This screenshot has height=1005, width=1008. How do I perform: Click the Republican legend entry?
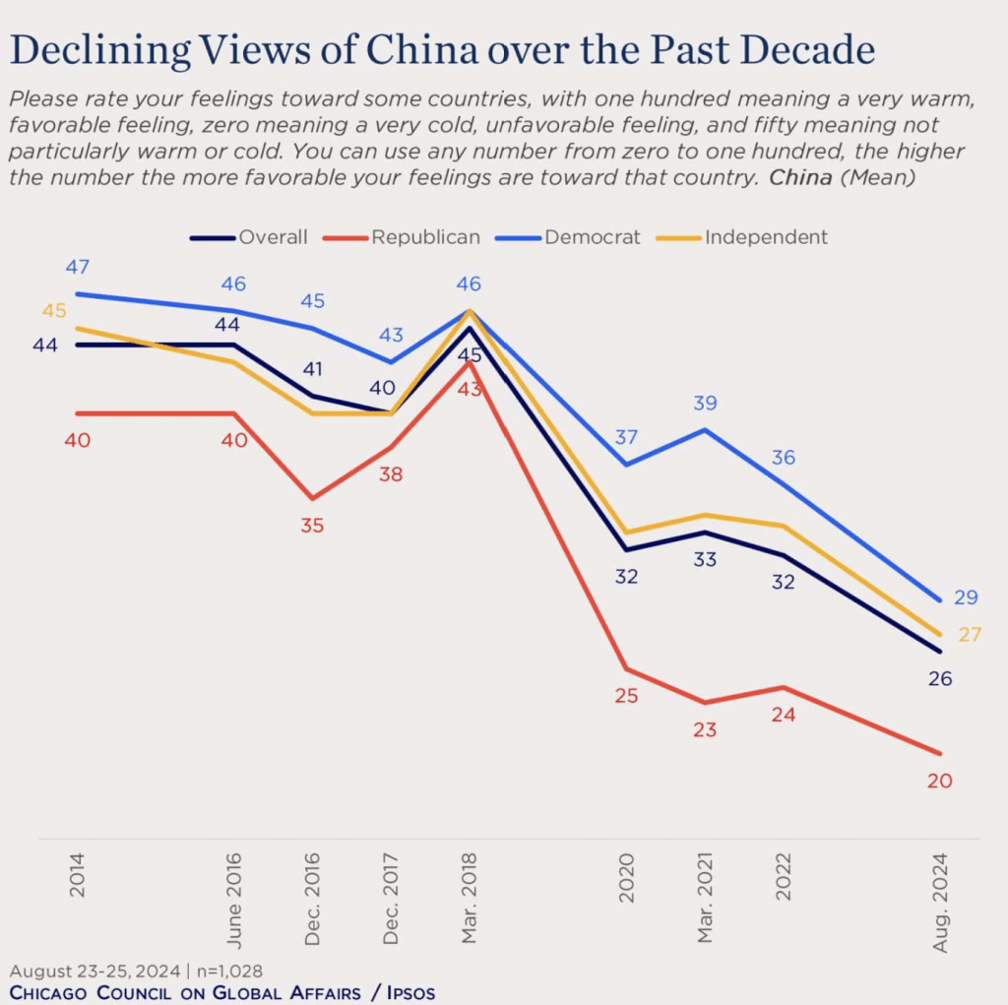pyautogui.click(x=424, y=237)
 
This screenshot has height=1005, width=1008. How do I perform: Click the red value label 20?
pyautogui.click(x=940, y=782)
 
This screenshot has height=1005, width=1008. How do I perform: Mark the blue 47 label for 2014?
pyautogui.click(x=78, y=267)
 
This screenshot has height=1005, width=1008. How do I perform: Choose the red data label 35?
pyautogui.click(x=312, y=526)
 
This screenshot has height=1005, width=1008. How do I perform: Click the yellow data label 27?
pyautogui.click(x=970, y=635)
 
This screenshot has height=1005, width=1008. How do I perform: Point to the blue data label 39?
pyautogui.click(x=705, y=403)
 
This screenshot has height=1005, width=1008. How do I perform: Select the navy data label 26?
pyautogui.click(x=940, y=679)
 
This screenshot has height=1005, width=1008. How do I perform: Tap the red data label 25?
pyautogui.click(x=626, y=696)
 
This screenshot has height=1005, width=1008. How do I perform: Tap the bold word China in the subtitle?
pyautogui.click(x=798, y=178)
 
